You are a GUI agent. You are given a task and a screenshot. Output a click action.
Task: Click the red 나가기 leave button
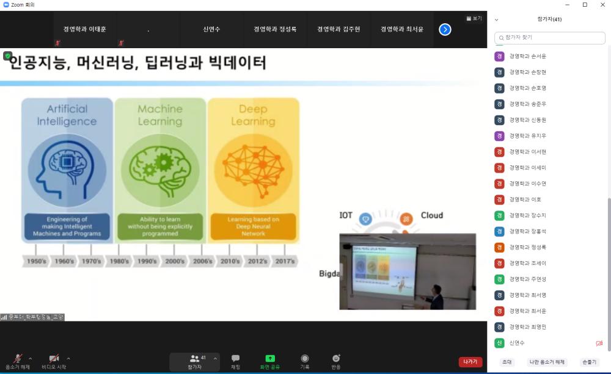point(470,362)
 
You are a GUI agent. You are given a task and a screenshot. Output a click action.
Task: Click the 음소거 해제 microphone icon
point(18,358)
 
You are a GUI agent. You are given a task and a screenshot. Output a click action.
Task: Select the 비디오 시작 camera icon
point(54,358)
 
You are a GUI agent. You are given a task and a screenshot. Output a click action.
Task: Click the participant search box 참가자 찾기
point(550,38)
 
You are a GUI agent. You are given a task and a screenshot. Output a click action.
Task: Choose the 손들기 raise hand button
point(590,362)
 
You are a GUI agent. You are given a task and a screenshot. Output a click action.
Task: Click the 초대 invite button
point(507,362)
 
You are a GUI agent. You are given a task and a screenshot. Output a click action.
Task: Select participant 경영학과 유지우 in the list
point(527,136)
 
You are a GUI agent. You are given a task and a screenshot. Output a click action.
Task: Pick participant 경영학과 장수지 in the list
point(529,215)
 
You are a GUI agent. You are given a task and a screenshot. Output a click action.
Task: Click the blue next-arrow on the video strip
point(445,29)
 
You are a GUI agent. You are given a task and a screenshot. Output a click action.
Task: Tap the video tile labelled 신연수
point(211,29)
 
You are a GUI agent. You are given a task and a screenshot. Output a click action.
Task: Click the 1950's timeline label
point(35,261)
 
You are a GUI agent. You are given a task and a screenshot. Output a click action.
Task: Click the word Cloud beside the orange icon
point(431,215)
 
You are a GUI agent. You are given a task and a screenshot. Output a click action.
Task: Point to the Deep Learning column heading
point(253,115)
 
